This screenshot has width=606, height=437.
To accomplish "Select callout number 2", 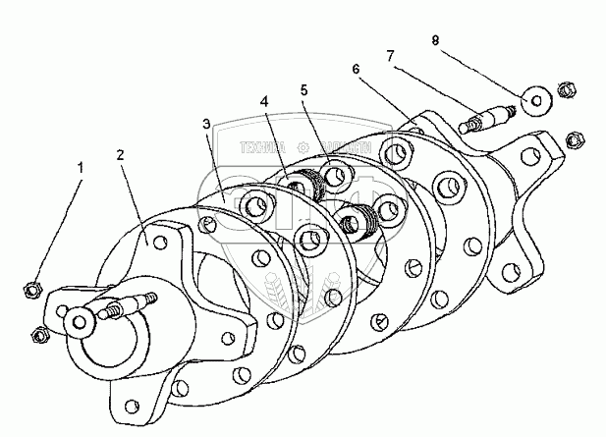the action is click(120, 155).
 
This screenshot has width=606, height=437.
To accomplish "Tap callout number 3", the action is click(206, 124).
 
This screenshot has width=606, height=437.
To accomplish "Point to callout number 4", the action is click(264, 100).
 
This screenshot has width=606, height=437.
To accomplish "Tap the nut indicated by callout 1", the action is click(30, 290).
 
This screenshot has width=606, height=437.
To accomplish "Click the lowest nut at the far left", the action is click(40, 333).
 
